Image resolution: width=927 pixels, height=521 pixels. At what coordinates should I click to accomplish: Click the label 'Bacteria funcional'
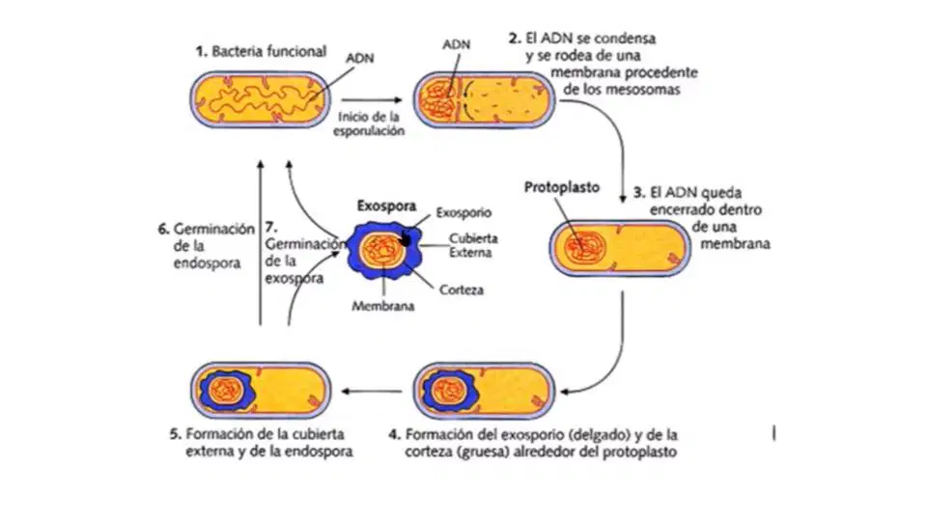[269, 51]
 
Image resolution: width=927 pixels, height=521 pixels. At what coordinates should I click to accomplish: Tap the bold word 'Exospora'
[386, 206]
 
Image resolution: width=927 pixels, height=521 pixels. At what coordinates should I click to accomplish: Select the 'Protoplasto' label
[562, 187]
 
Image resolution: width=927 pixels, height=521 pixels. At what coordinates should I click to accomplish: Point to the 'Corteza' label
[462, 290]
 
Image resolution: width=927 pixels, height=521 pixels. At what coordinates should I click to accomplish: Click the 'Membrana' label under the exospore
[383, 306]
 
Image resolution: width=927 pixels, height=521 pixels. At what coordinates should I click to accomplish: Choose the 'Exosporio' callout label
[463, 212]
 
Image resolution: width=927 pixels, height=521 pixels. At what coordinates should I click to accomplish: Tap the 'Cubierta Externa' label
[472, 245]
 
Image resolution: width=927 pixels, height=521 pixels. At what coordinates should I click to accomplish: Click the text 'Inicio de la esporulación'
[369, 124]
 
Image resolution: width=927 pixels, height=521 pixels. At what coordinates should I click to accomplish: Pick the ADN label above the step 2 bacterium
[457, 44]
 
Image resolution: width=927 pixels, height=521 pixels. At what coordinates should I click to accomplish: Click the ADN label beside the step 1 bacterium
[359, 58]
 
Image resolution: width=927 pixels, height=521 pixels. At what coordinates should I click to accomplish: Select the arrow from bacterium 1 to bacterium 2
[372, 99]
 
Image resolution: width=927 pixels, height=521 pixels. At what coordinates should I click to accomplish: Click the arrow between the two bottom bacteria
[372, 391]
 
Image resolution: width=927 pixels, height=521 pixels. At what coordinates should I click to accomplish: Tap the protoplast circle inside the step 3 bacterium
[584, 247]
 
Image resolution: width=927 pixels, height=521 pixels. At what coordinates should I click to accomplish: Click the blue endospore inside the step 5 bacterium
[226, 391]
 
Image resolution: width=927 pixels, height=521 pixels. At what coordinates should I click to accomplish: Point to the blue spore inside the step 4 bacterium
[450, 391]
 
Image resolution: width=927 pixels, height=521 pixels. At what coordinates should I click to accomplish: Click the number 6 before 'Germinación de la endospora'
[163, 230]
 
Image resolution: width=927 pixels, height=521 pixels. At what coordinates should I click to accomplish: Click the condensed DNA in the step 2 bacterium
[438, 98]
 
